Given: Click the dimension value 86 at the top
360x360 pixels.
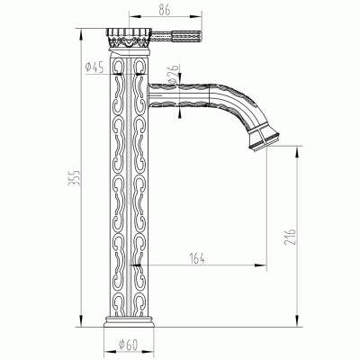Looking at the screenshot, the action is pos(165,10).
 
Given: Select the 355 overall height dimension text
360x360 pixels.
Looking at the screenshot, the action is pos(74,178).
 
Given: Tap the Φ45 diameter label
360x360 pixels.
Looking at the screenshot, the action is pos(94,67).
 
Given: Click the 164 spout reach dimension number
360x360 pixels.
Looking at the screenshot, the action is pos(197,258).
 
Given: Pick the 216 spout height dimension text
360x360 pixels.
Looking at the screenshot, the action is pos(290,237).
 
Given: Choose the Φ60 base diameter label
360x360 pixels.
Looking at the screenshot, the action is pos(128,345).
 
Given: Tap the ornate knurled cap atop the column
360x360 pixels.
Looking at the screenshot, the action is pos(128,38).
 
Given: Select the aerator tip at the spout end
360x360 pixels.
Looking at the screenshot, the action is pos(263,137).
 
